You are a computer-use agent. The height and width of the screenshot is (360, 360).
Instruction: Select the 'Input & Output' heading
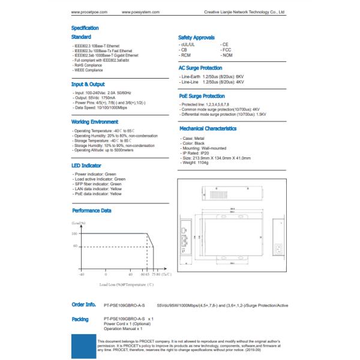(88, 85)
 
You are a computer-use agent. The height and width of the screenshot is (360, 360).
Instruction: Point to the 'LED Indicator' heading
(86, 165)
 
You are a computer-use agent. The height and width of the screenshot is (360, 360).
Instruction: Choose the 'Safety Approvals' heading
(197, 37)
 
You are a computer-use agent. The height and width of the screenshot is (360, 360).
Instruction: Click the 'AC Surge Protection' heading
(205, 68)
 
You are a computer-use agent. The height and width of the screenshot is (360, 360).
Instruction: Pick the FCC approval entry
(226, 50)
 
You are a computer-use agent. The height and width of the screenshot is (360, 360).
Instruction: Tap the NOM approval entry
(227, 55)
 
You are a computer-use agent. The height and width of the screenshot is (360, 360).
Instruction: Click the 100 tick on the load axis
(75, 233)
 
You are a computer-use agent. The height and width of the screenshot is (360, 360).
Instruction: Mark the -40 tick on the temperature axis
(82, 274)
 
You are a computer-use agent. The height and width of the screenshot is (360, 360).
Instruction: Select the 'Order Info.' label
(83, 304)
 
